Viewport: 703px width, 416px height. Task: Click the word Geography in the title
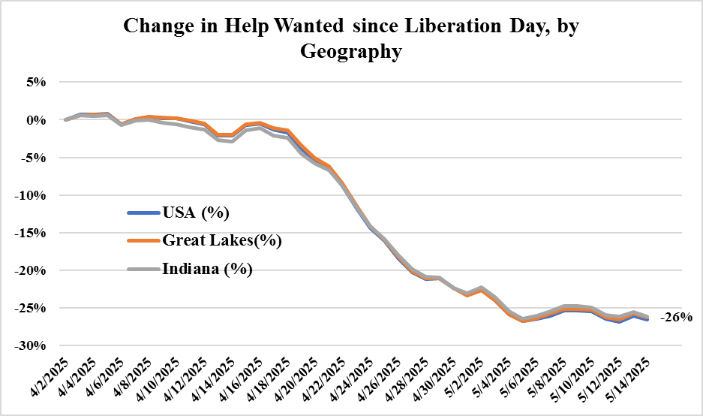pos(351,52)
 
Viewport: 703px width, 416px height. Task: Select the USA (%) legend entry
pos(194,213)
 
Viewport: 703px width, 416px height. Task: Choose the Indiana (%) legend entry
pos(206,269)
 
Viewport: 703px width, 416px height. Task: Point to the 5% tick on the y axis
pos(38,83)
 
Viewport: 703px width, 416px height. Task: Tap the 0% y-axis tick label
pos(38,120)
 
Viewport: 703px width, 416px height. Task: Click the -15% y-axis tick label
pos(33,233)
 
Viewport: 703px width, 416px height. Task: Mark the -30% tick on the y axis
pos(33,345)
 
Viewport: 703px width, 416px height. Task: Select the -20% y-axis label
pos(33,270)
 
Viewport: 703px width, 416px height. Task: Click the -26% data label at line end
pos(676,318)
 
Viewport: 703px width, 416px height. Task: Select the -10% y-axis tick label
pos(33,195)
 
